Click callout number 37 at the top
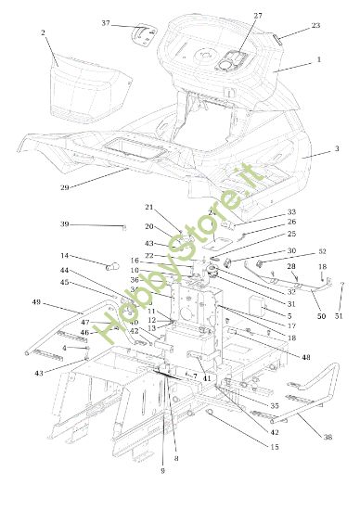pos(105,22)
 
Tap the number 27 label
pos(257,16)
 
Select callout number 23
pos(315,26)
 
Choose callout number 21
pos(148,207)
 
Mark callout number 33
pos(265,212)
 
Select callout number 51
pos(339,316)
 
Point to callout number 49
pos(36,302)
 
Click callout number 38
pos(327,438)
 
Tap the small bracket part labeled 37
pos(142,32)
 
